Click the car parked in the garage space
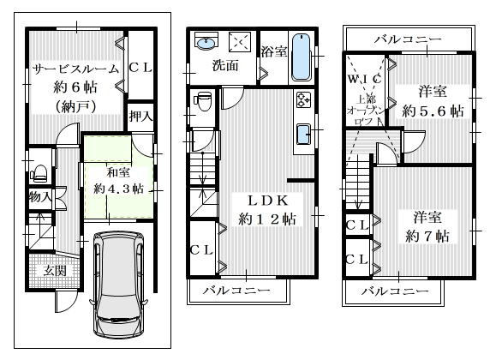click(118, 285)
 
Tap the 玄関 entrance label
click(55, 271)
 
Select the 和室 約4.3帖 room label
click(119, 181)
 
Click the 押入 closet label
click(140, 117)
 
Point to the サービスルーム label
click(76, 69)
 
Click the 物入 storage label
click(40, 197)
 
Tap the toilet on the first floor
click(39, 173)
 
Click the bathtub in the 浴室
click(301, 57)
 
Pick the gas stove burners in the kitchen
click(303, 99)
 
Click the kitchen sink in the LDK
click(303, 135)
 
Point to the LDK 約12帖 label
click(267, 210)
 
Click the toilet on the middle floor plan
click(203, 100)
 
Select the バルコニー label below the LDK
click(236, 291)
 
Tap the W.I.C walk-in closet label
click(365, 79)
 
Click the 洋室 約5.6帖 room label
click(433, 101)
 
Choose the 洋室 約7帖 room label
click(427, 227)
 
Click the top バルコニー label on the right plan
click(408, 39)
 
